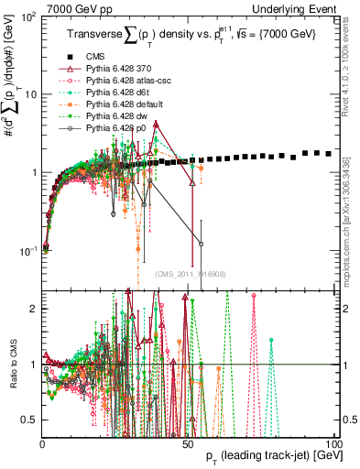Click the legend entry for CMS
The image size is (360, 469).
click(93, 58)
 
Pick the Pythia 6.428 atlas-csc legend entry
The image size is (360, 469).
click(124, 81)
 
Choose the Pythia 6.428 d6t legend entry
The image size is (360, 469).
click(116, 93)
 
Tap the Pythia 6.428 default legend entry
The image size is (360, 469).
click(120, 104)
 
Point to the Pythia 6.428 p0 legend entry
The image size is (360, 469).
click(115, 128)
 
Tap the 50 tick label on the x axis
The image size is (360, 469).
click(189, 442)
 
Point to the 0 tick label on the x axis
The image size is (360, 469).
click(42, 442)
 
